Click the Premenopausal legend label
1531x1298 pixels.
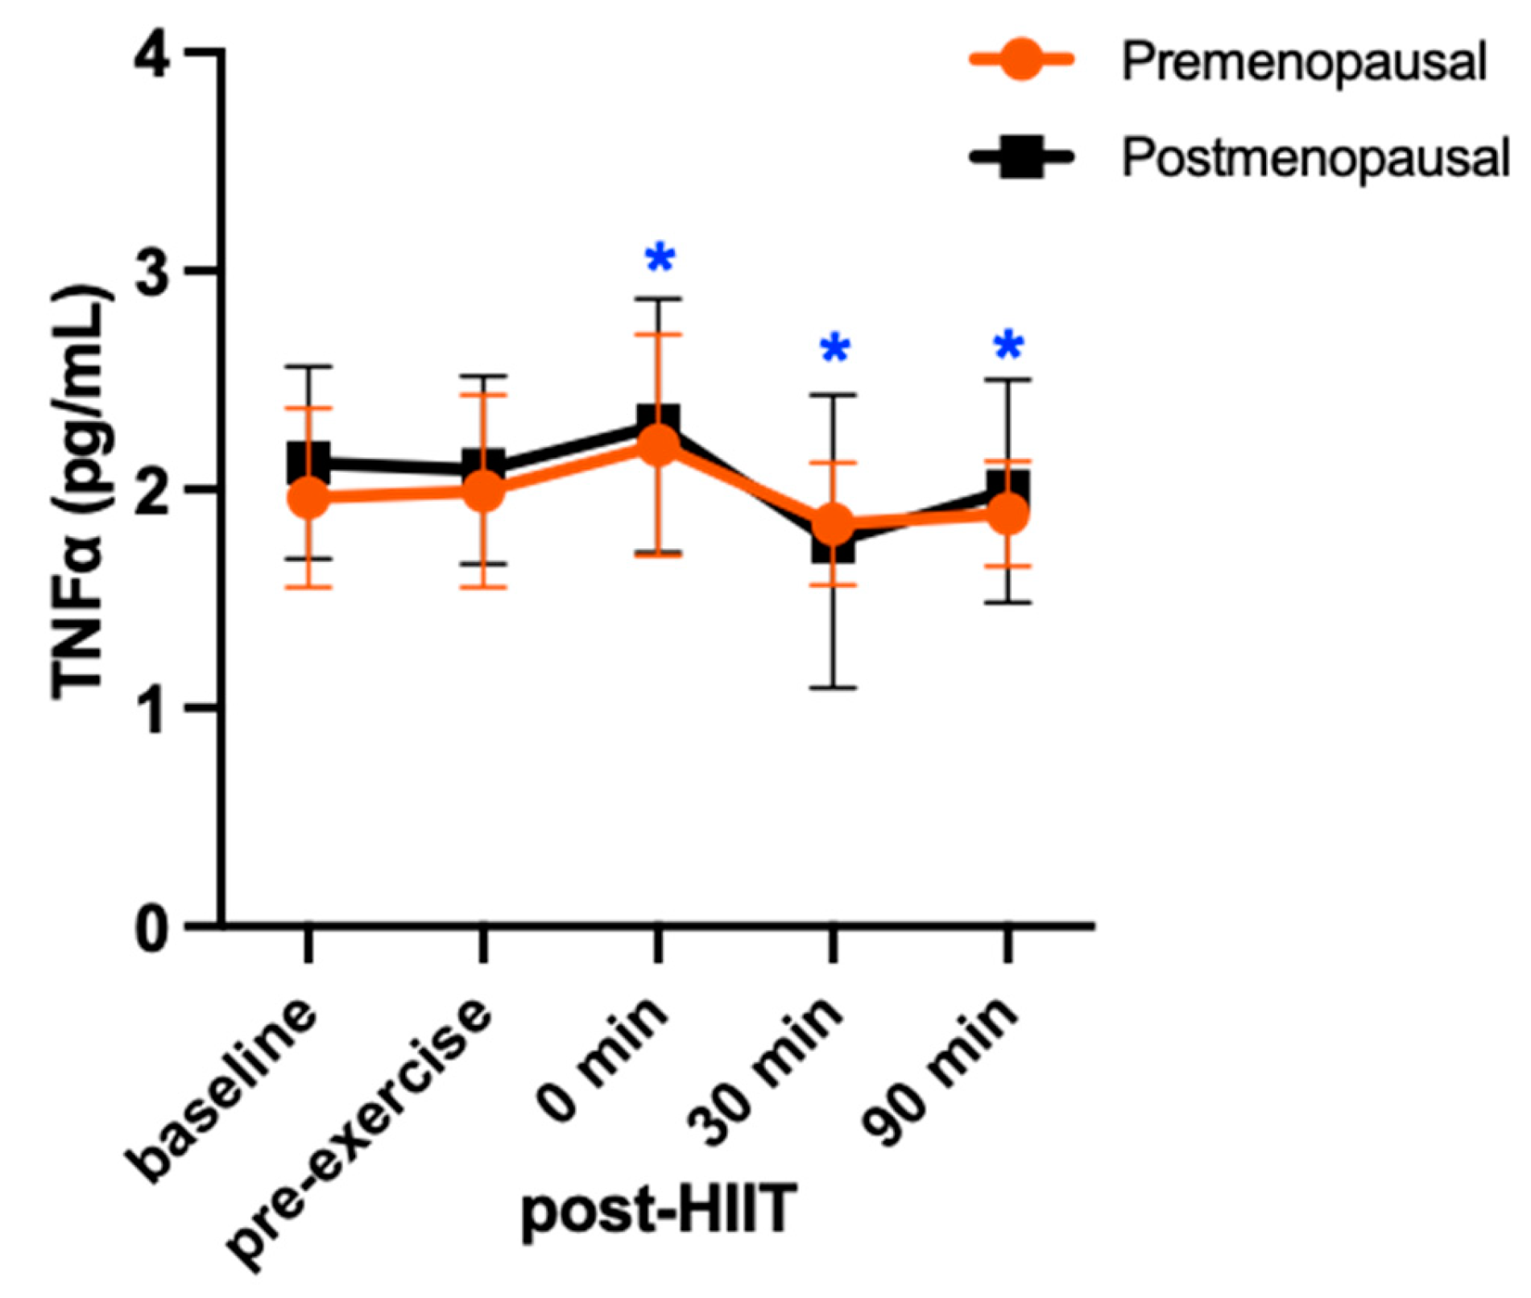[x=1303, y=62]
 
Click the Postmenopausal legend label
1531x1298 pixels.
[x=1315, y=158]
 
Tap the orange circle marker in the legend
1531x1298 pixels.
[x=1022, y=60]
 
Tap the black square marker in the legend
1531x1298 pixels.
[x=1022, y=157]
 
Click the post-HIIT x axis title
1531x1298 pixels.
[x=659, y=1210]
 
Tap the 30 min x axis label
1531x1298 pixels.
[x=769, y=1067]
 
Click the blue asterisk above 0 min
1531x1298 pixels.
[x=660, y=258]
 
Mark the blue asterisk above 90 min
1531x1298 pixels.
[x=1008, y=346]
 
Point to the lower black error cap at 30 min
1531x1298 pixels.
[x=834, y=688]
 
